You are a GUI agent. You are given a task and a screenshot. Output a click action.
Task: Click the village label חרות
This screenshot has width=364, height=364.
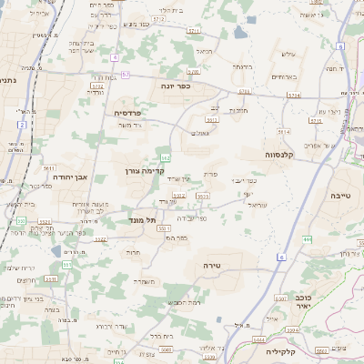(x=133, y=252)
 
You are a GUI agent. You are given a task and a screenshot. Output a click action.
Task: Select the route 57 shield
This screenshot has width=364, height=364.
(x=126, y=74)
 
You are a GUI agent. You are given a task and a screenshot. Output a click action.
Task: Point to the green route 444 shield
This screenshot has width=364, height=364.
(x=308, y=238)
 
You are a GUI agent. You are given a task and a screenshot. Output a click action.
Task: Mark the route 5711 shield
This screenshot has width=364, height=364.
(x=194, y=31)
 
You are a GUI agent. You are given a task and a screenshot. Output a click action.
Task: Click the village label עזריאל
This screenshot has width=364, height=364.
(x=257, y=207)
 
